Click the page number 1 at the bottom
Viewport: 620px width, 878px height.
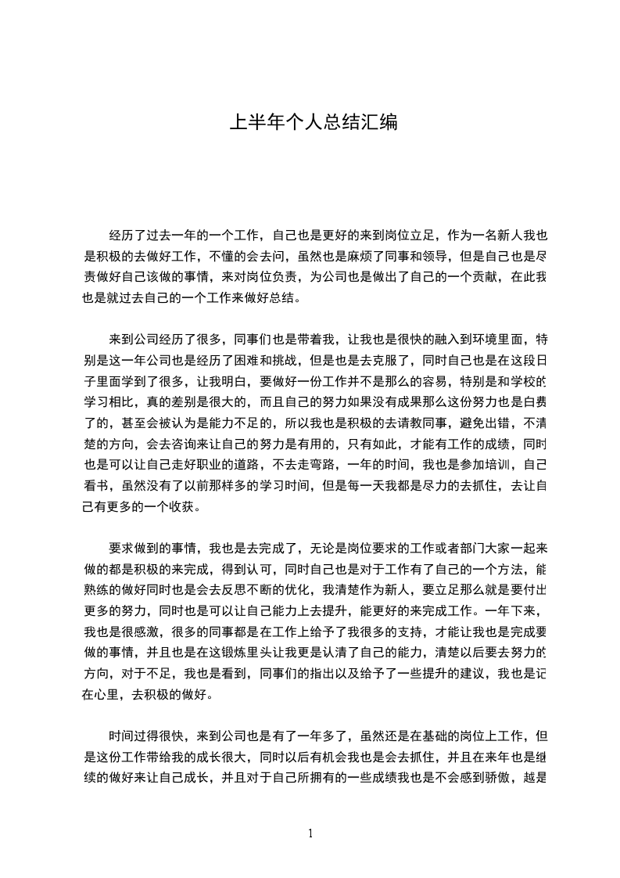coord(310,833)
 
